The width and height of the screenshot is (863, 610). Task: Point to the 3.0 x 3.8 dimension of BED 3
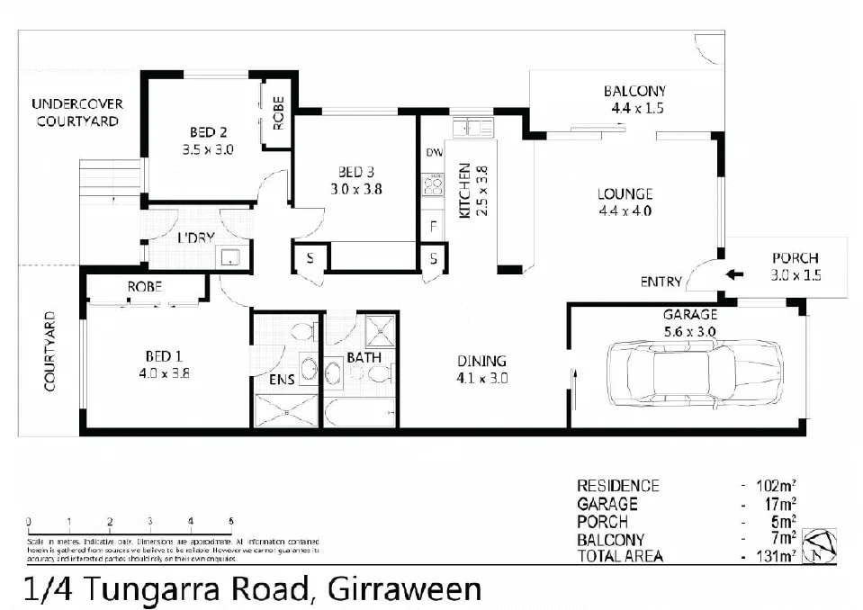point(352,189)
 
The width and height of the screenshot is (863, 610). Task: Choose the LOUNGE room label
point(625,193)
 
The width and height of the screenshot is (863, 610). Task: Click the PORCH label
point(796,258)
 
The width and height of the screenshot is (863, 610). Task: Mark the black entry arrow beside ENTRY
point(734,275)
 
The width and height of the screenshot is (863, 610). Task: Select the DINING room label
point(481,361)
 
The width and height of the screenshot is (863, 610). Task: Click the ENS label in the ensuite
point(282,381)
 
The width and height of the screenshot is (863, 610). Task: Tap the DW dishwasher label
point(433,153)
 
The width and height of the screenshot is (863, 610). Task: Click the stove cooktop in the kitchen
point(433,185)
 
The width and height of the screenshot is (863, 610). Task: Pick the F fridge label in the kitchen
point(433,226)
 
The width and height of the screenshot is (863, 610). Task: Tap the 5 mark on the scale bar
point(231,521)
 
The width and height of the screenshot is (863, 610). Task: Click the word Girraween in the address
point(405,589)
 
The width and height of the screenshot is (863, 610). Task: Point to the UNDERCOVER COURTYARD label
point(77,112)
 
